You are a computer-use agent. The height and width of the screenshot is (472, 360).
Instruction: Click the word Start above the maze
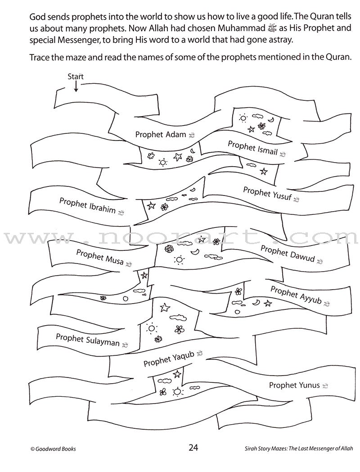pos(76,77)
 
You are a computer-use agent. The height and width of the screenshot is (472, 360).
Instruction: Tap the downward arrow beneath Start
pos(76,86)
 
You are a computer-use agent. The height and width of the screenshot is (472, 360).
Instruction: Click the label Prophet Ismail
pos(252,148)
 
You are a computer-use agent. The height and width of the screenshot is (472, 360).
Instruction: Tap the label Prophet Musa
pos(99,258)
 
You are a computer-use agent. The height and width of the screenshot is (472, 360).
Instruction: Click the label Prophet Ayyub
pos(296,294)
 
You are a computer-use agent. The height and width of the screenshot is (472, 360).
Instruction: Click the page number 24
pos(193,447)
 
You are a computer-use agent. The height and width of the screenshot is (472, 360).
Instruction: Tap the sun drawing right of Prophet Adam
pos(243,118)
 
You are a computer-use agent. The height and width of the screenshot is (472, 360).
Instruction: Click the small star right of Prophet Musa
pos(144,275)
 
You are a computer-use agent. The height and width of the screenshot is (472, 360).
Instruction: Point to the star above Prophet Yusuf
pos(264,171)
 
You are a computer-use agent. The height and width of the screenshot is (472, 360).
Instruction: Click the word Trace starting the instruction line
pos(41,58)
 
